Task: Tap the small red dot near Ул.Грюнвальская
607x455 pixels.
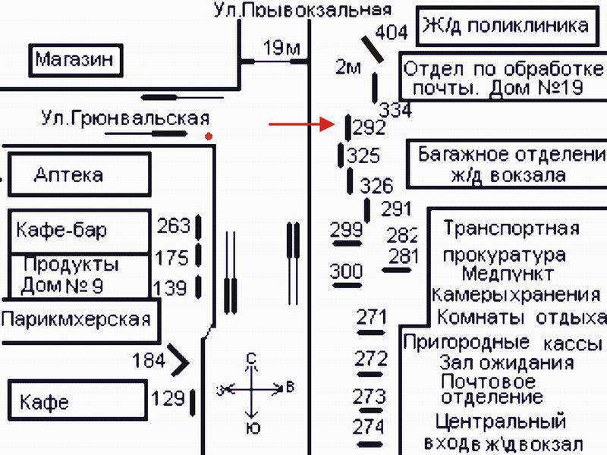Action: coord(209,136)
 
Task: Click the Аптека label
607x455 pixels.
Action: coord(68,175)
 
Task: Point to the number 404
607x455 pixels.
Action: coord(392,33)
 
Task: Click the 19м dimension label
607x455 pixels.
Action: coord(281,49)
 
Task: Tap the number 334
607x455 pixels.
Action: coord(395,110)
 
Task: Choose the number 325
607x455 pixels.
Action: coord(363,157)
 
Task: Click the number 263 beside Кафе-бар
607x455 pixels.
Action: coord(174,225)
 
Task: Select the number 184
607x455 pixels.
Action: coord(148,359)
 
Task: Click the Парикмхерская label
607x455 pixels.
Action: coord(75,319)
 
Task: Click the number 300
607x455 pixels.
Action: coord(346,271)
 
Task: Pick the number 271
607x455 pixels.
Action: coord(371,316)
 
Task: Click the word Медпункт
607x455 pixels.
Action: coord(508,274)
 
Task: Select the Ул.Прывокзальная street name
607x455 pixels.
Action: coord(302,9)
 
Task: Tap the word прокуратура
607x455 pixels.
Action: coord(505,254)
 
